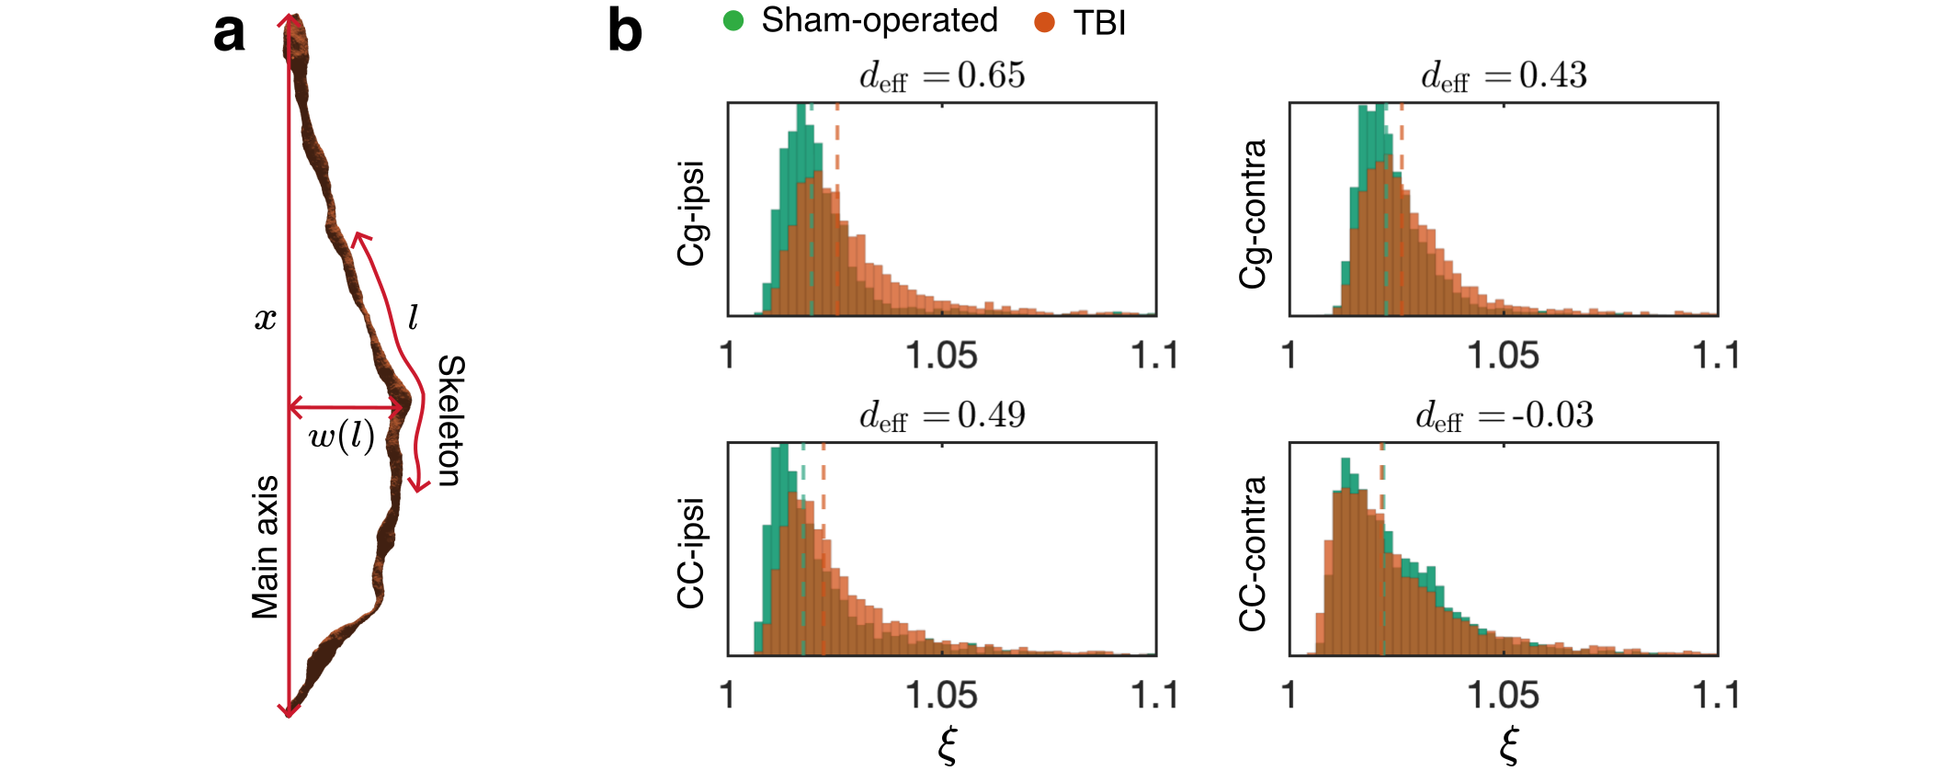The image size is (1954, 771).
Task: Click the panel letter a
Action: point(229,34)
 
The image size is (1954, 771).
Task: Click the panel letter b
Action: point(625,31)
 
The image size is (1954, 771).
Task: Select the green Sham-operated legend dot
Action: point(733,21)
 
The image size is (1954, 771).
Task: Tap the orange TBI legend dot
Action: point(1044,22)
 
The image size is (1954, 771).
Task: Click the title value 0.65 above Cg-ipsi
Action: point(991,75)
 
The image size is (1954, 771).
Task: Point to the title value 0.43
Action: point(1552,75)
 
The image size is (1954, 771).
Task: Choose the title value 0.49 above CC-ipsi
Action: point(991,415)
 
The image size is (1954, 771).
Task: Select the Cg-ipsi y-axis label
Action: point(691,213)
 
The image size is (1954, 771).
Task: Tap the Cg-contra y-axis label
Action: point(1253,213)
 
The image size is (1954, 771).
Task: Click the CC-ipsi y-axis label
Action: point(691,553)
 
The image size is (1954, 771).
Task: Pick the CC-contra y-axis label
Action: point(1253,553)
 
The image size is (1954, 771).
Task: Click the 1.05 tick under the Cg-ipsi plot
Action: point(941,356)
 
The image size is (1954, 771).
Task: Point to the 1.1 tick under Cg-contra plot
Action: point(1716,356)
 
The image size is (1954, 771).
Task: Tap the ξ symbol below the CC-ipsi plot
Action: point(948,744)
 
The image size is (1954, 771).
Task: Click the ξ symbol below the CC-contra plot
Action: point(1509,744)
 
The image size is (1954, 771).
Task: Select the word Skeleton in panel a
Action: point(450,420)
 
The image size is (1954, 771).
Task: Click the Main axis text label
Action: point(266,547)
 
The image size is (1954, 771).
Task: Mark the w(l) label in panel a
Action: point(342,437)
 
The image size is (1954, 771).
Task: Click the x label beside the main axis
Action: point(265,319)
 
